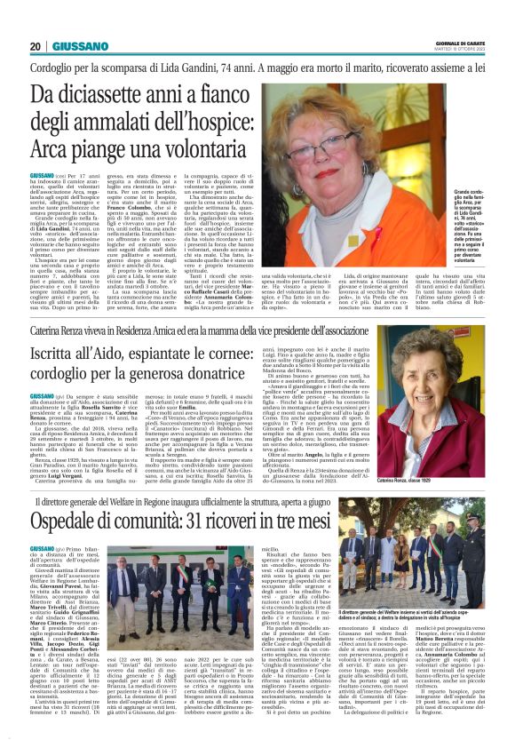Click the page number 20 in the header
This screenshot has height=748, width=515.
pyautogui.click(x=36, y=46)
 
